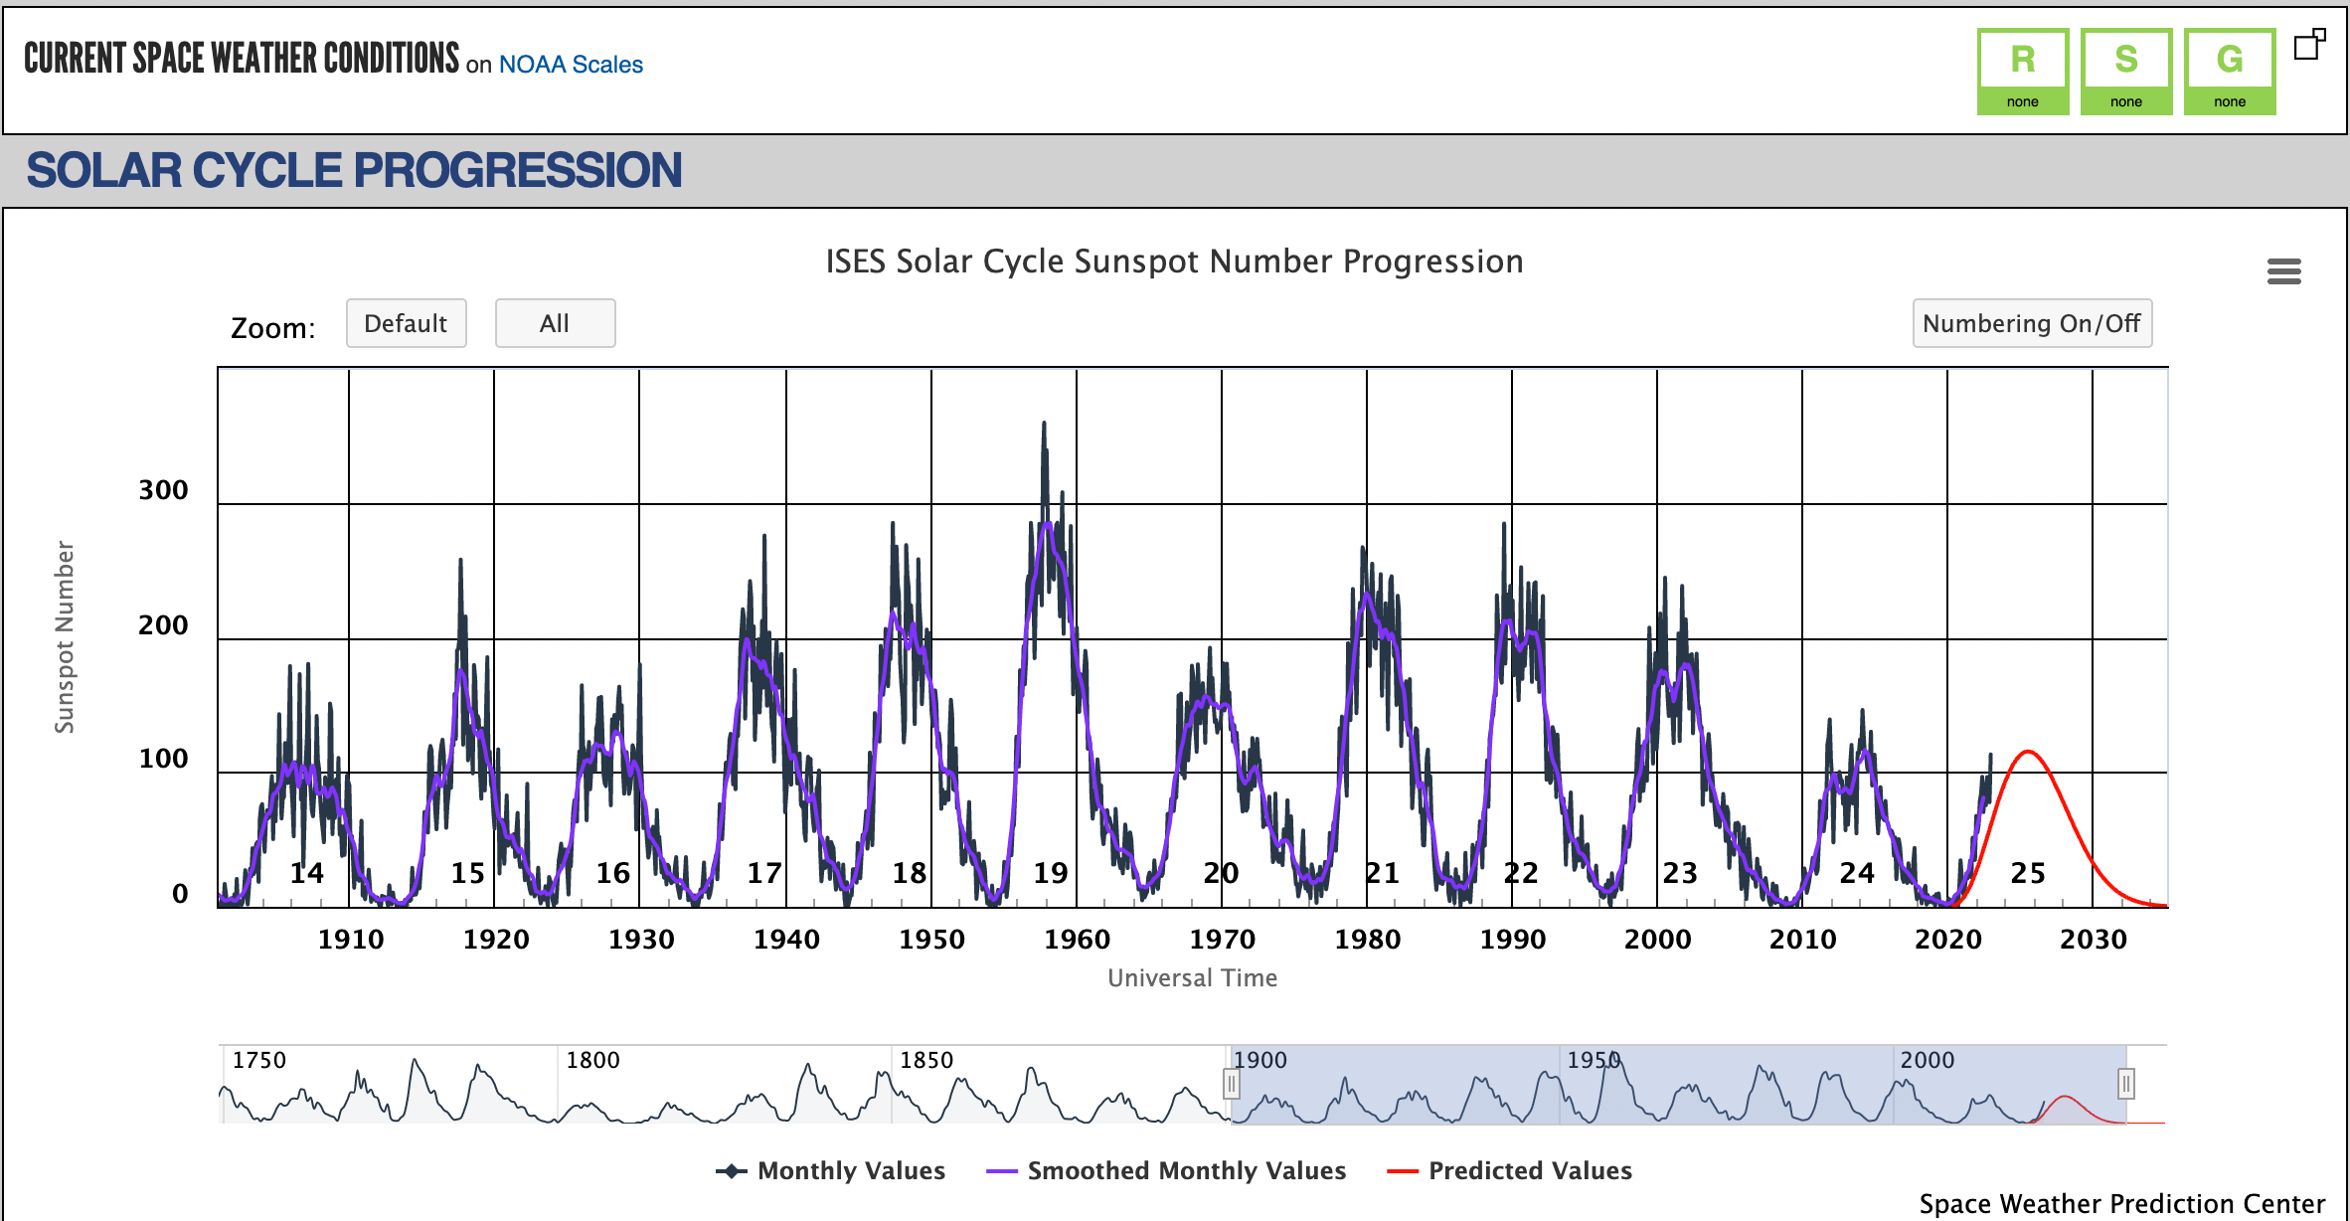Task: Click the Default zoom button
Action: [406, 323]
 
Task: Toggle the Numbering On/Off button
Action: [2032, 323]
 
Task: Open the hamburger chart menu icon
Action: [2283, 271]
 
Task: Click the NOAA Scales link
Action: [571, 65]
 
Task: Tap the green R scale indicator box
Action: [2022, 72]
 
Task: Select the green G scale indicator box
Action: [2230, 72]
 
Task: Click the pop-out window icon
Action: [2309, 45]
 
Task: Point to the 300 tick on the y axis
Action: [163, 490]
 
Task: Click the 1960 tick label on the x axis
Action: [1077, 940]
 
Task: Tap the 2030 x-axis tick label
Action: [2093, 940]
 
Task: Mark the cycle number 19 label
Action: [1050, 873]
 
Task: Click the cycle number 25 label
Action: [2028, 873]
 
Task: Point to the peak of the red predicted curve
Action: [2027, 752]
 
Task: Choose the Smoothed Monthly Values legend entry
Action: [1166, 1171]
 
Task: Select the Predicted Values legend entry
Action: [1509, 1171]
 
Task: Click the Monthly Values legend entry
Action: [830, 1171]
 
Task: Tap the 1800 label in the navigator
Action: [592, 1060]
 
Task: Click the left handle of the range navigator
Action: [1231, 1084]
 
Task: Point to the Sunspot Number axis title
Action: [65, 637]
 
